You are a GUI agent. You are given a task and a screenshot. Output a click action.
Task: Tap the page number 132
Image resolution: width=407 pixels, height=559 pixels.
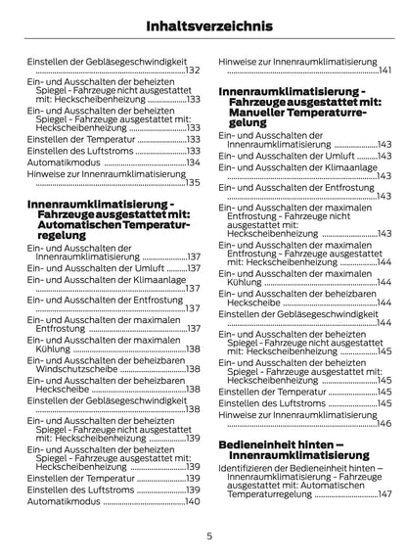click(x=192, y=70)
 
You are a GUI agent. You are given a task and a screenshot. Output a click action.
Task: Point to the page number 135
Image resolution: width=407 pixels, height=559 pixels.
click(x=192, y=183)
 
